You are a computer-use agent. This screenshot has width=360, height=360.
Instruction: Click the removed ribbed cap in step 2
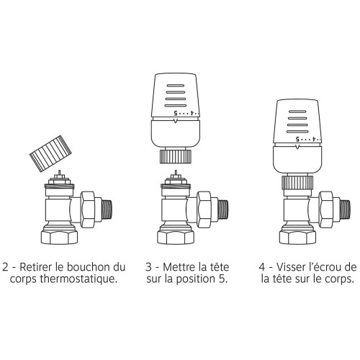(50, 153)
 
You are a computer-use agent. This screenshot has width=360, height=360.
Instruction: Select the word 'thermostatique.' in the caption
(78, 279)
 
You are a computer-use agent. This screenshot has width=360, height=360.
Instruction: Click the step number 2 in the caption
(5, 267)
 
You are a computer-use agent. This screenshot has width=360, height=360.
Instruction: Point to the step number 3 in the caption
(149, 267)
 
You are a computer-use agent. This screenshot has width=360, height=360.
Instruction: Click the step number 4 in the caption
(262, 267)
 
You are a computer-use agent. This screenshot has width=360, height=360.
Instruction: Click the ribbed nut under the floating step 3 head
(176, 156)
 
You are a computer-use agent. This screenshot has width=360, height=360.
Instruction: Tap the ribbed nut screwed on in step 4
(297, 182)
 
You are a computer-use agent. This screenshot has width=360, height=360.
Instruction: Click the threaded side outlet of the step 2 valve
(107, 209)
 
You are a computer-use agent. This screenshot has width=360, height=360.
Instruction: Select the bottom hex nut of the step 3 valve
(176, 237)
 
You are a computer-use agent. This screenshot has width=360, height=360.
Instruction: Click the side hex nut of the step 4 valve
(326, 210)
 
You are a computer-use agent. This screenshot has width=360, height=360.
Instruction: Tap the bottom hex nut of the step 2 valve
(59, 237)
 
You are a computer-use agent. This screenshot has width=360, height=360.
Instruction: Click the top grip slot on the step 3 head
(176, 86)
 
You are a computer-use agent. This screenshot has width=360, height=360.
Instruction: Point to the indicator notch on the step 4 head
(297, 147)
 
